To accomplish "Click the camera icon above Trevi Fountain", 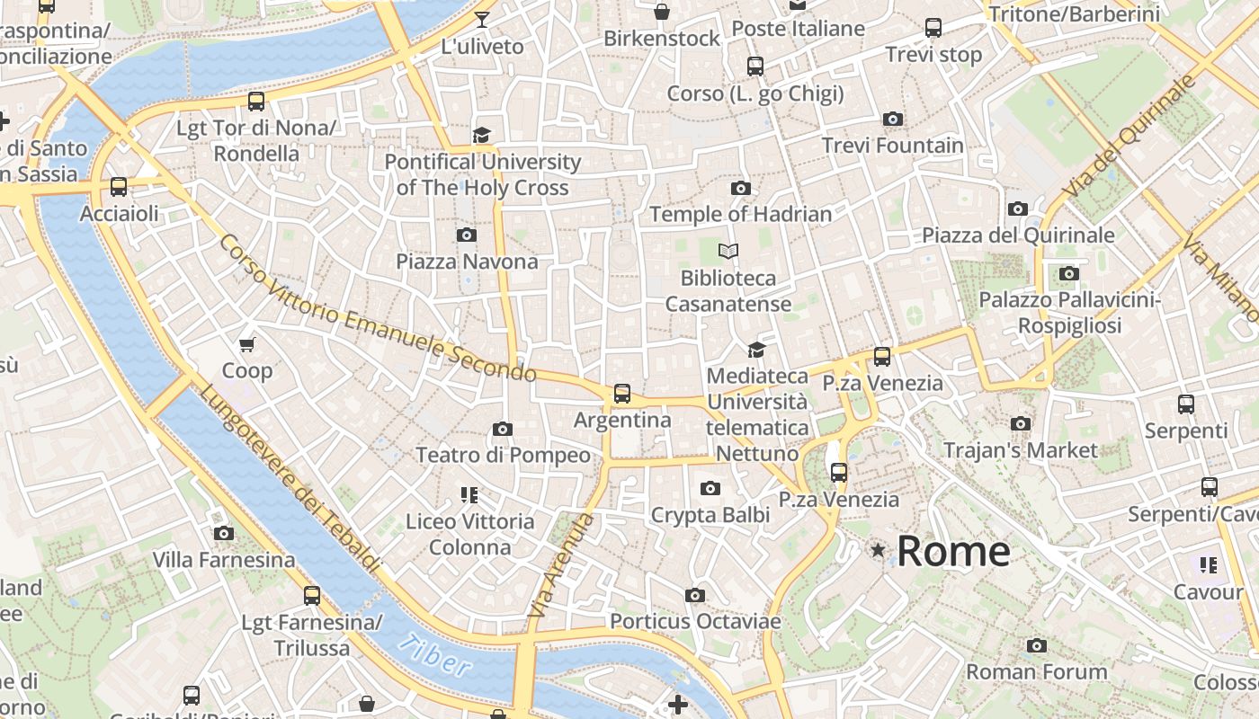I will click(x=893, y=119).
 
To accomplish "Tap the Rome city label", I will click(x=953, y=551).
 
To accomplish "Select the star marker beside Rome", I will click(x=878, y=549).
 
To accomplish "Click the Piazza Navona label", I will click(x=468, y=262).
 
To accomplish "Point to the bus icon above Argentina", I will click(x=621, y=393).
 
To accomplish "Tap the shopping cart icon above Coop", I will click(x=247, y=344).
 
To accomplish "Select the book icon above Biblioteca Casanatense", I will click(x=728, y=251).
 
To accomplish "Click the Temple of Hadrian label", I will click(x=740, y=214).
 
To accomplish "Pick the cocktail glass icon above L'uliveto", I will click(x=482, y=20).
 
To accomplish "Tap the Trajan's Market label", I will click(x=1021, y=449).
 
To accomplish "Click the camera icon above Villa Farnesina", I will click(x=224, y=533).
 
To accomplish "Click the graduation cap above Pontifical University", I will click(x=482, y=135).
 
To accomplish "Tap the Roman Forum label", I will click(x=1036, y=671).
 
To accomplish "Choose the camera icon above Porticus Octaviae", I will click(x=694, y=595).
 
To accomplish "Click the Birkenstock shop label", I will click(x=662, y=39).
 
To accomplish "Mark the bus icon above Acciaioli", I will click(x=119, y=187).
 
